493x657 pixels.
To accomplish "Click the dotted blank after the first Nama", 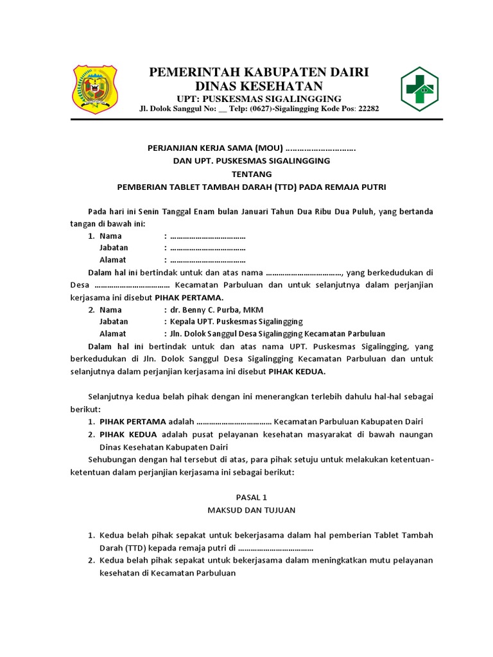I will click(208, 236).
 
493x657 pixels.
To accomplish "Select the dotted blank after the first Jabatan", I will click(208, 248).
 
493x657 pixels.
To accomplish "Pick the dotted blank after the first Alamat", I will click(208, 260).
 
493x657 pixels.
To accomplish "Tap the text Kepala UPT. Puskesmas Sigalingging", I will click(236, 321).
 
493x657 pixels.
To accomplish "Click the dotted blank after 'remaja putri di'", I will click(276, 548).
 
